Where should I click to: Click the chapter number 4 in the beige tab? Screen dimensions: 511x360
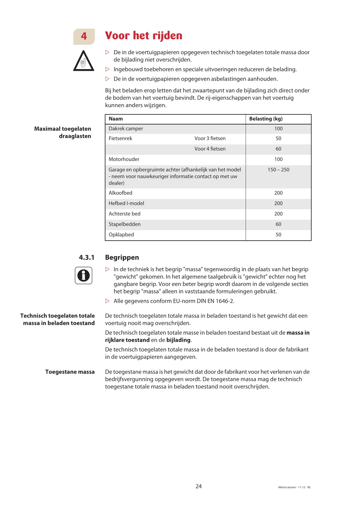(x=84, y=36)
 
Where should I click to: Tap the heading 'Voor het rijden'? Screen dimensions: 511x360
(x=144, y=36)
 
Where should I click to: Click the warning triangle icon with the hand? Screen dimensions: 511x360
(x=83, y=61)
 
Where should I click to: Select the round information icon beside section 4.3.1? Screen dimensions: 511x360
(x=83, y=275)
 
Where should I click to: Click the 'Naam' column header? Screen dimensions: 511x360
(x=116, y=119)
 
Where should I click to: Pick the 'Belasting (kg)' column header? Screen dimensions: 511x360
(x=266, y=119)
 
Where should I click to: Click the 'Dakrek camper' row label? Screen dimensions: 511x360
(x=126, y=129)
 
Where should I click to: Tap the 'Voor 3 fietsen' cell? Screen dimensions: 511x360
(x=210, y=139)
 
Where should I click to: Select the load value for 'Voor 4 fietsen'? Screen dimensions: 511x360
(x=278, y=149)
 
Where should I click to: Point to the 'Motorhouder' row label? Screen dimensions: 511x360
(x=124, y=159)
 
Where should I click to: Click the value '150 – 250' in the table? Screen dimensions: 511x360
(x=278, y=170)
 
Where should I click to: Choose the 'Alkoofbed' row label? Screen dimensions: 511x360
(x=120, y=193)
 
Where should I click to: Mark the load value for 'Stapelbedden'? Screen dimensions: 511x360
(x=278, y=224)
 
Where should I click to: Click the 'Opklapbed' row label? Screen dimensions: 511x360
(x=121, y=235)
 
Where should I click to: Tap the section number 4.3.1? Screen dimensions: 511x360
(x=86, y=257)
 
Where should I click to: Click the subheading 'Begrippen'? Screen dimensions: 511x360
(x=122, y=257)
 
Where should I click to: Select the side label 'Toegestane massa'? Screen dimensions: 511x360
(x=70, y=372)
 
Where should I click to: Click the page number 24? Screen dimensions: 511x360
(x=199, y=486)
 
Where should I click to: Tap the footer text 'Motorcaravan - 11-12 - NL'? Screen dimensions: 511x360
(x=294, y=488)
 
